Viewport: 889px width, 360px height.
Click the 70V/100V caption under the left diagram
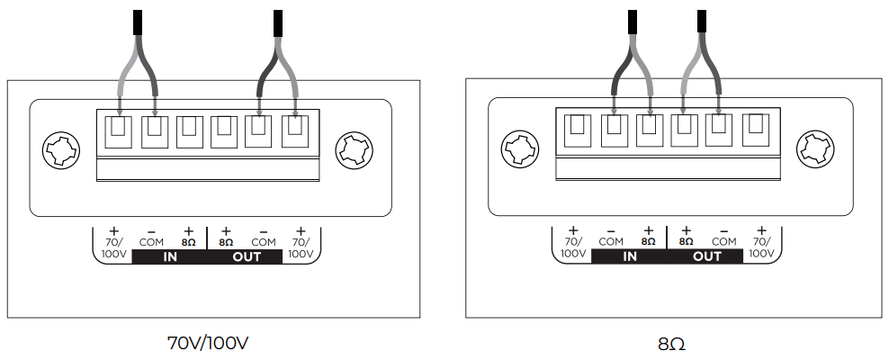coord(208,343)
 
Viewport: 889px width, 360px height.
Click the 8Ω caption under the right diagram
coord(671,344)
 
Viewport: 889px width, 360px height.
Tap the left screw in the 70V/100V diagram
coord(61,149)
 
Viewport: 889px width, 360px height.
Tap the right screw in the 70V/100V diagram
coord(355,149)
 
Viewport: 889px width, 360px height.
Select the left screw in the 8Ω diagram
coord(520,148)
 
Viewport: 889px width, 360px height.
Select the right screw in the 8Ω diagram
coord(815,148)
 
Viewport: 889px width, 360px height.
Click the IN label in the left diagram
coord(170,256)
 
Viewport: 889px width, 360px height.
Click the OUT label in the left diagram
coord(247,256)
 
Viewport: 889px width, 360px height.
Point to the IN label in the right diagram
coord(629,256)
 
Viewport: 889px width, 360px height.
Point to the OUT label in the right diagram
coord(707,256)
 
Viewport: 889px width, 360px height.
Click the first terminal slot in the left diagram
coord(119,131)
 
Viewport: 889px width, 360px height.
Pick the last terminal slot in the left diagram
coord(295,131)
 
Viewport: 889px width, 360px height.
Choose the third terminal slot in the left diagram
coord(189,131)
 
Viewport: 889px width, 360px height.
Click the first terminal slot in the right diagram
coord(578,130)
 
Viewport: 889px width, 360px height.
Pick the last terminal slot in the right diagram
coord(756,130)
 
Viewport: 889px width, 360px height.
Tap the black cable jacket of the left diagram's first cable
coord(137,22)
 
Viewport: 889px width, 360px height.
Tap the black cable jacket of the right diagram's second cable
coord(702,22)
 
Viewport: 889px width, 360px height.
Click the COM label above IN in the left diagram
coord(151,242)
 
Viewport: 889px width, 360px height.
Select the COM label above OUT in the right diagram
coord(724,241)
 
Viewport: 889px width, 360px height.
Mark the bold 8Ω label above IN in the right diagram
coord(649,241)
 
